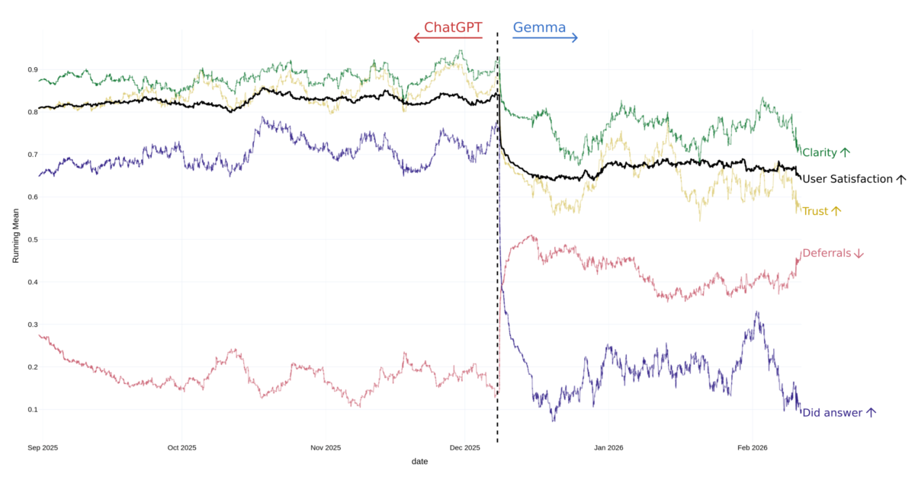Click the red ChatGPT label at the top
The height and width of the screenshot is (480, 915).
click(453, 27)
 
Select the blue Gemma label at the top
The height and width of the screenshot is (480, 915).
click(539, 27)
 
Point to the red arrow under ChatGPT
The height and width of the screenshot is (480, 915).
click(448, 38)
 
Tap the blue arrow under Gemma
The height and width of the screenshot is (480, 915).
click(545, 38)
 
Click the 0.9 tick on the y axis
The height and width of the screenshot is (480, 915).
click(34, 69)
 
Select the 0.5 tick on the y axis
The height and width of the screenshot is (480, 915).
click(34, 239)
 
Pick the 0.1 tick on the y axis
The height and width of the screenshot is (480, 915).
click(34, 409)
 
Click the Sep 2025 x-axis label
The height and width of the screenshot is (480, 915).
click(43, 448)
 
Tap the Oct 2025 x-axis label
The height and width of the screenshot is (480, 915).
click(181, 448)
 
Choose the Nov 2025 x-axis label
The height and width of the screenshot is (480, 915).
click(326, 448)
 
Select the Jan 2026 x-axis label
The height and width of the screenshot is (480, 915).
click(608, 448)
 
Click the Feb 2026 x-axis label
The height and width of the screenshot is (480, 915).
click(753, 448)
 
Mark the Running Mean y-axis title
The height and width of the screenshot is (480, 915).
click(16, 239)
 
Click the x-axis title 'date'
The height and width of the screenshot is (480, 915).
click(419, 462)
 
